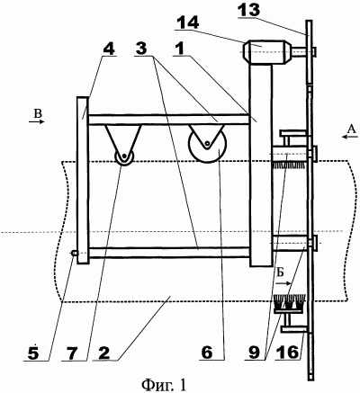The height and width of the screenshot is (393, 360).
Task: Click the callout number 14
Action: pyautogui.click(x=187, y=22)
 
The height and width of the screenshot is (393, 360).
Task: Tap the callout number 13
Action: pyautogui.click(x=248, y=10)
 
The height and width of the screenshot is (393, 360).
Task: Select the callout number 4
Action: pyautogui.click(x=109, y=49)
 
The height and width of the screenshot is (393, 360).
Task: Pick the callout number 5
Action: pyautogui.click(x=33, y=353)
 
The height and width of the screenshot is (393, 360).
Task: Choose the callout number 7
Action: pyautogui.click(x=72, y=353)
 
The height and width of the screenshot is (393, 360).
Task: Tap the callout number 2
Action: pyautogui.click(x=104, y=353)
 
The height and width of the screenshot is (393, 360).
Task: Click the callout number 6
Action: pyautogui.click(x=207, y=353)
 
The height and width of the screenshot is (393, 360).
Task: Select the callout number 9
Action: pyautogui.click(x=254, y=353)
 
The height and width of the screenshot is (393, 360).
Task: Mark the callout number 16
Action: pyautogui.click(x=287, y=353)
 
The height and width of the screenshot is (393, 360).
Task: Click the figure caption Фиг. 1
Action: pyautogui.click(x=164, y=384)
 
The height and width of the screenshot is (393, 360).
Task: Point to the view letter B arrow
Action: pyautogui.click(x=37, y=121)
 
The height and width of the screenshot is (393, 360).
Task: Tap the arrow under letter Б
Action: pyautogui.click(x=283, y=282)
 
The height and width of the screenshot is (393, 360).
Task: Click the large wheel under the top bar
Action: pyautogui.click(x=208, y=144)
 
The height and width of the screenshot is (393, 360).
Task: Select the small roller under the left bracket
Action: pyautogui.click(x=123, y=156)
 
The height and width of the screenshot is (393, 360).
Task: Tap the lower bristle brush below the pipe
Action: pyautogui.click(x=289, y=303)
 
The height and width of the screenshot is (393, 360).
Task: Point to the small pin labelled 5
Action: pyautogui.click(x=74, y=254)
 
